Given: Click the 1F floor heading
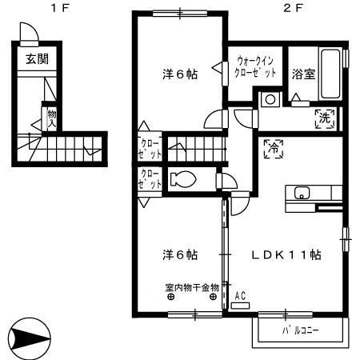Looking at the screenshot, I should coord(55,9).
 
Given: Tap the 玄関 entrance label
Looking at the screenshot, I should coord(34,59).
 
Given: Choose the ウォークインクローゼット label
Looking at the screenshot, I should coord(256,66).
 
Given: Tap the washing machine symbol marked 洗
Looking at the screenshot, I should coord(325,117).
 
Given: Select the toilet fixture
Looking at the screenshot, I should coord(182,179).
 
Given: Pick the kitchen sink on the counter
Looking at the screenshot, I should coord(302,193).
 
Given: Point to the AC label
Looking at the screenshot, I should coord(240,295).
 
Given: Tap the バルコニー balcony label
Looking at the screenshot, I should coord(300,330).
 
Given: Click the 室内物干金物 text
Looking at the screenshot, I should coord(192,286).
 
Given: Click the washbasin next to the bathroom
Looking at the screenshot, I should coord(270,101).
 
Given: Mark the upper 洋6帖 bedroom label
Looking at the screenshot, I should coord(179,75).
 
